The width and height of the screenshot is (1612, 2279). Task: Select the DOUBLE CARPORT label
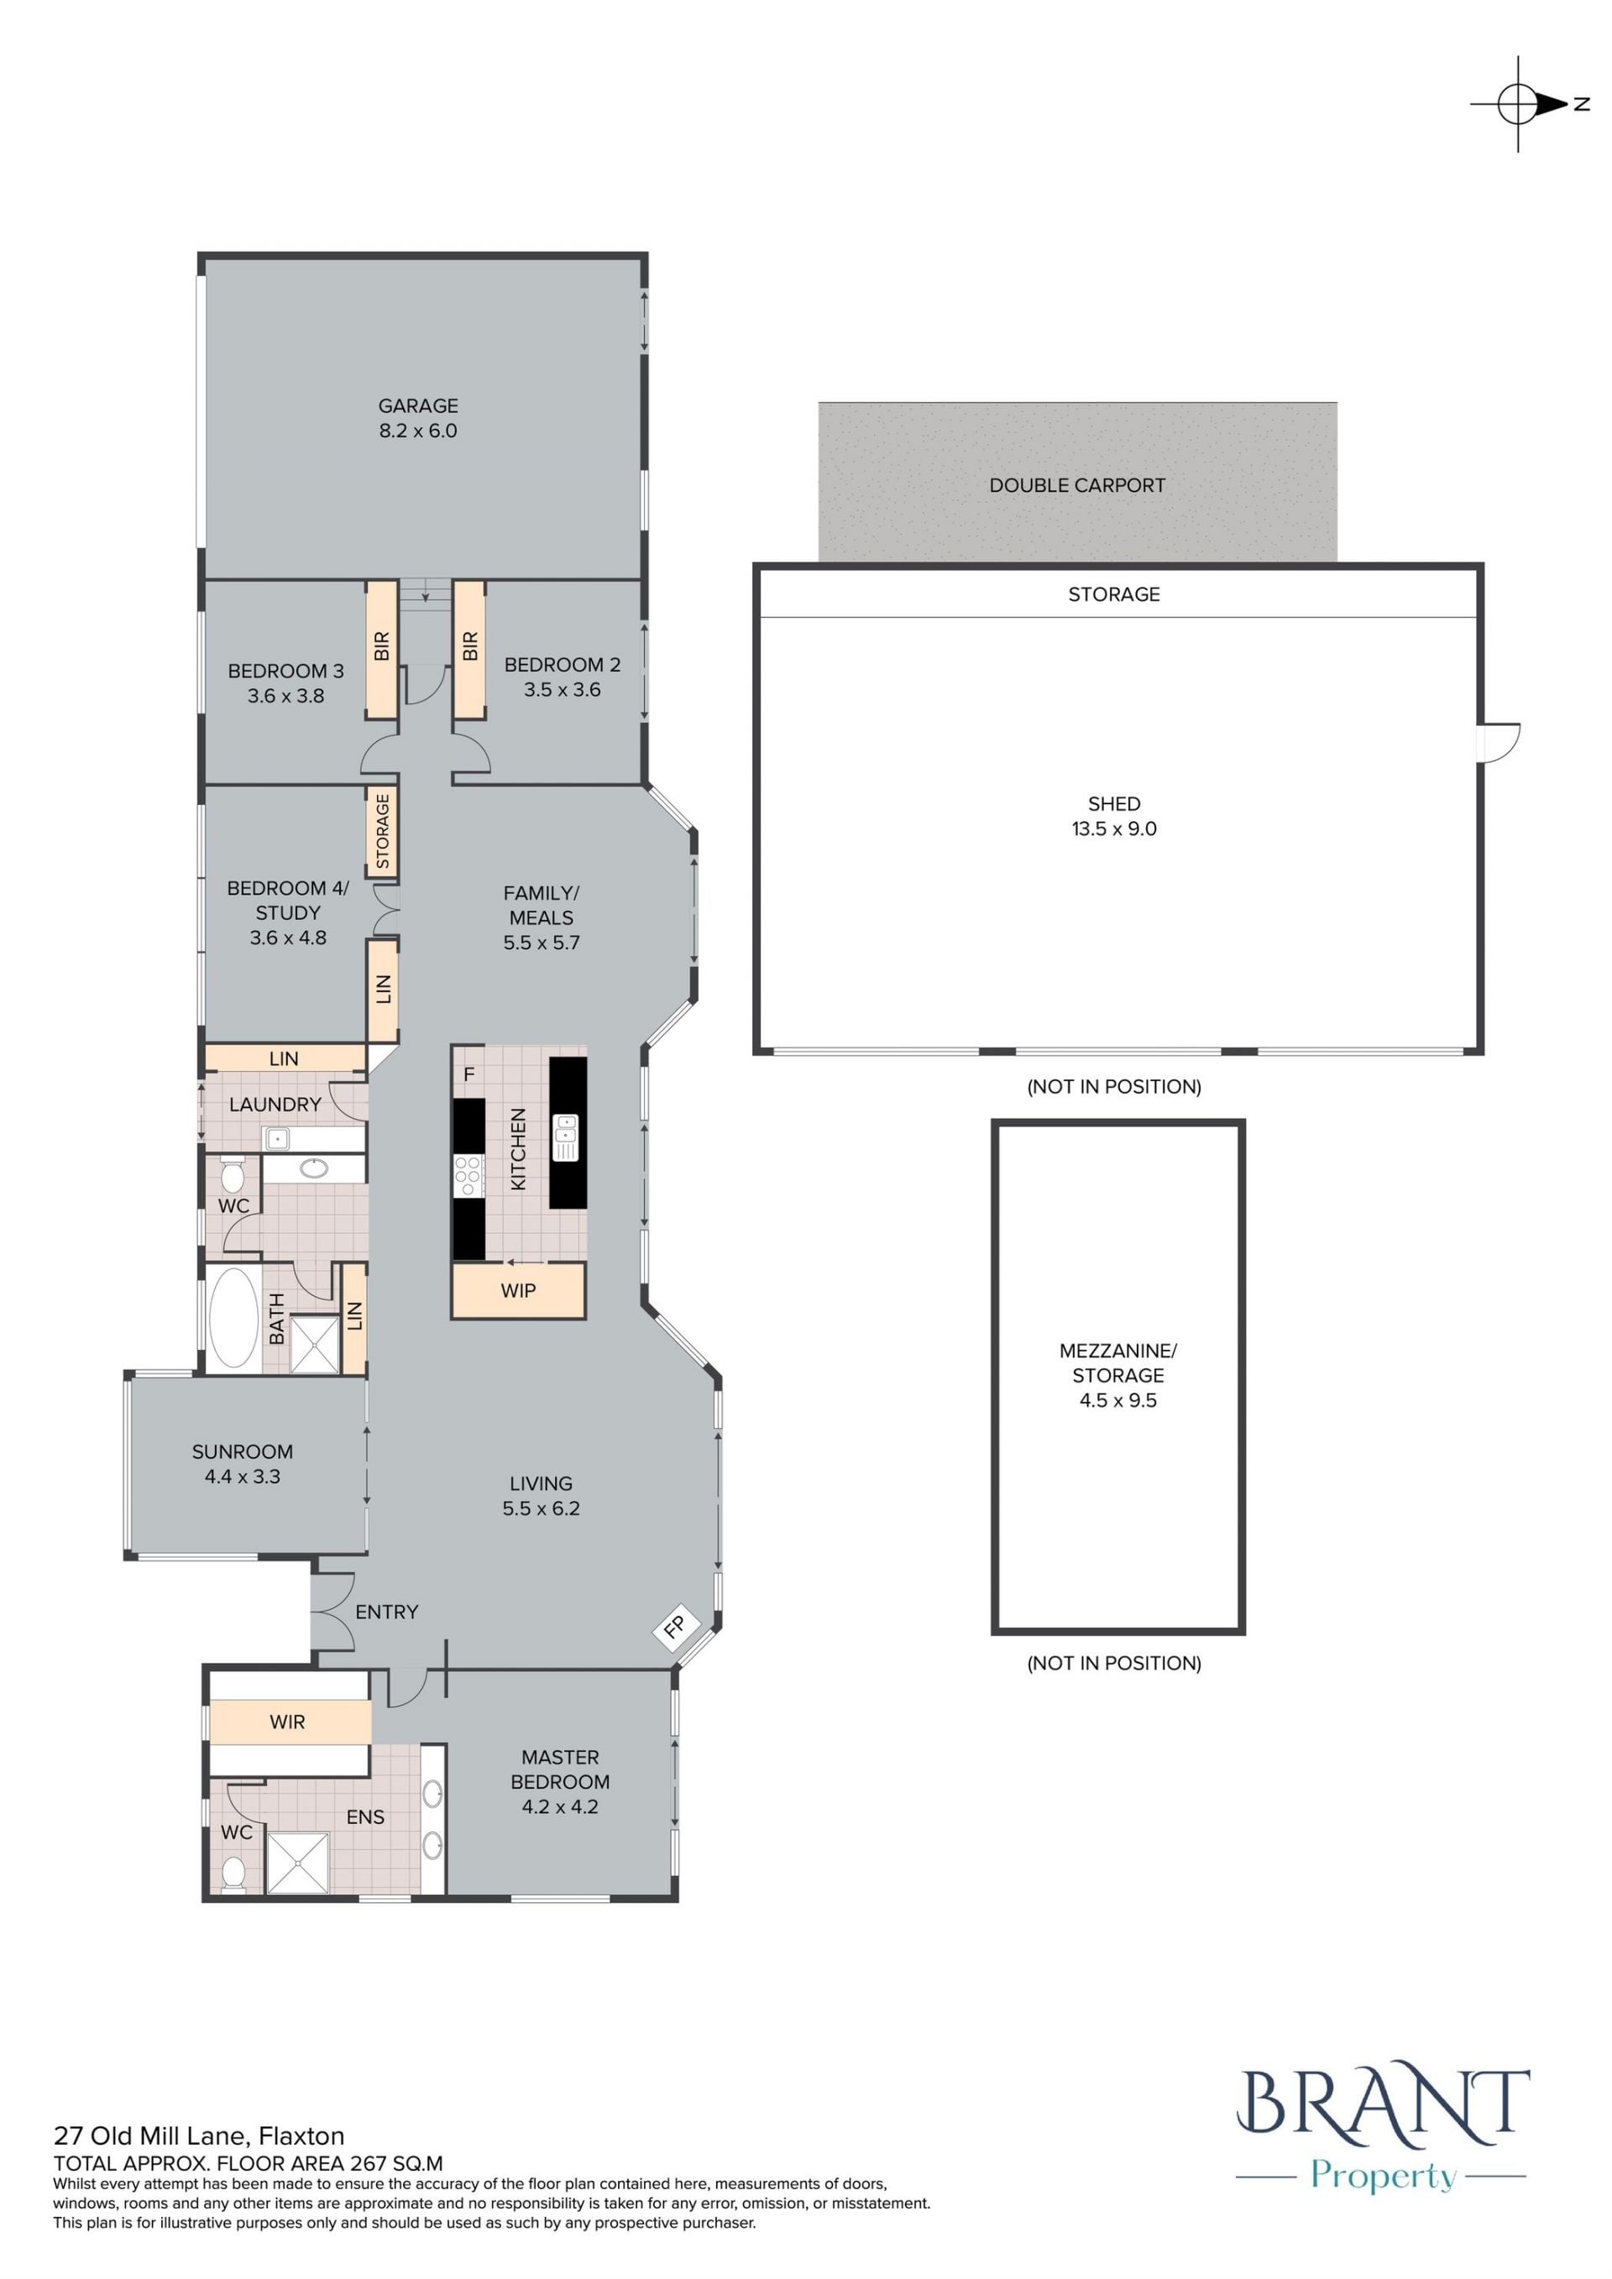1077,485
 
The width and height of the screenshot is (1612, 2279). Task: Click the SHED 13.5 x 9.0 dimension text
1114,828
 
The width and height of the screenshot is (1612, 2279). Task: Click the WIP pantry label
518,1290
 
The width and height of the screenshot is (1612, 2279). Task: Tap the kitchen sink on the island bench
565,1137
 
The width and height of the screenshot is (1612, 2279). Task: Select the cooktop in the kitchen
468,1175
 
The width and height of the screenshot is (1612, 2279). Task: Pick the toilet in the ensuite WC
234,1872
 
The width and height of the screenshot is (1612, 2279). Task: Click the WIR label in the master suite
288,1722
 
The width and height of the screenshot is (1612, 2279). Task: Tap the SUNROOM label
242,1451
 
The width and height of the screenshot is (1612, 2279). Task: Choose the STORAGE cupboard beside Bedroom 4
382,831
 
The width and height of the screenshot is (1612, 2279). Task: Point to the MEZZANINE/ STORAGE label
1117,1363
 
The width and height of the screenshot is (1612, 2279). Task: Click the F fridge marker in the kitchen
468,1074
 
